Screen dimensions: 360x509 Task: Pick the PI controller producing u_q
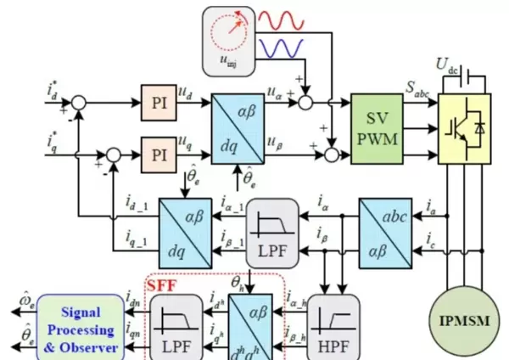(159, 155)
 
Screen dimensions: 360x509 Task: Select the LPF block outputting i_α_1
(274, 225)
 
